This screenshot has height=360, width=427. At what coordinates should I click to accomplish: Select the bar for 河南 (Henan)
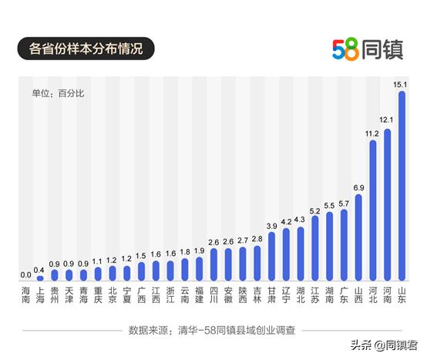tap(387, 205)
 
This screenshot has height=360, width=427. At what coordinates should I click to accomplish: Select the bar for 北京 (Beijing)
tap(113, 274)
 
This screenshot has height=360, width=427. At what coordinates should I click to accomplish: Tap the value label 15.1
tap(402, 85)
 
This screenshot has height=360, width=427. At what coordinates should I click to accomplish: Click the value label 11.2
tap(372, 133)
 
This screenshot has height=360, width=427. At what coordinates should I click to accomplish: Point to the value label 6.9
tap(358, 187)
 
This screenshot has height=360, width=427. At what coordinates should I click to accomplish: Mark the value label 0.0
tap(25, 274)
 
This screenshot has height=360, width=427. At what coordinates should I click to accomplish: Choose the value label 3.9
tap(271, 225)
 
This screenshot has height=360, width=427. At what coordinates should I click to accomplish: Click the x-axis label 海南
tap(25, 296)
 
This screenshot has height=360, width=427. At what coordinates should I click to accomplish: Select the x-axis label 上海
tap(40, 296)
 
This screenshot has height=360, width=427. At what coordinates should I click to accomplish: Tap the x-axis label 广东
tap(344, 296)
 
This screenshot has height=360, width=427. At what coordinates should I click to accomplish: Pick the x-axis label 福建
tap(199, 296)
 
